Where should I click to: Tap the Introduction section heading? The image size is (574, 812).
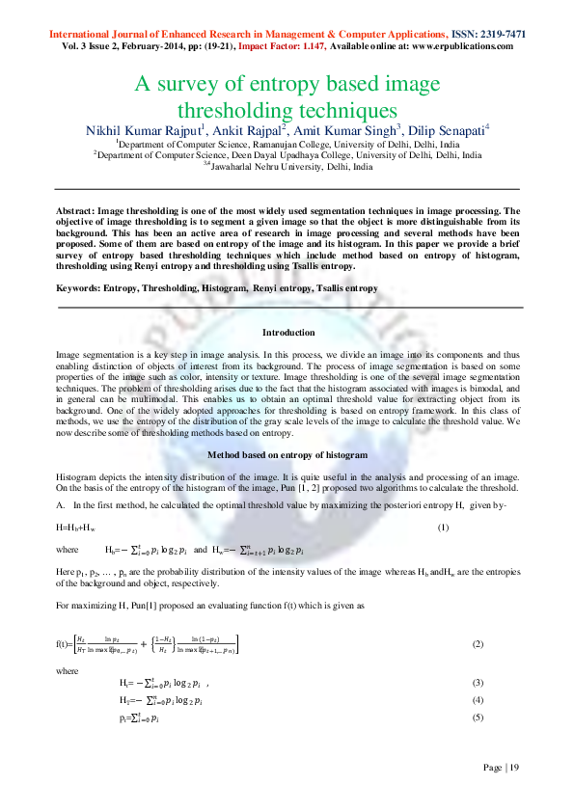click(x=288, y=333)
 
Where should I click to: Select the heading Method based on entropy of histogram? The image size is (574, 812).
click(x=288, y=453)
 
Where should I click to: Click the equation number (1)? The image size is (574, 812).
click(x=444, y=527)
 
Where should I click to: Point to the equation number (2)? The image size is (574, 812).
click(x=478, y=642)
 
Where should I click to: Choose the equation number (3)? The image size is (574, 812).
click(x=478, y=683)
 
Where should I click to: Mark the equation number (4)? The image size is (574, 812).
click(x=478, y=700)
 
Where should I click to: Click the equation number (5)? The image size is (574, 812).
click(x=478, y=718)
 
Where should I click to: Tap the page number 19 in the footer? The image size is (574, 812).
click(x=514, y=768)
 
